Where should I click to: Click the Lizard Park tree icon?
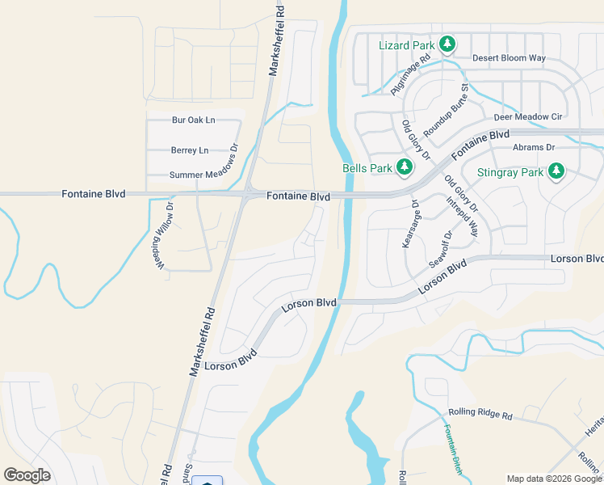447,44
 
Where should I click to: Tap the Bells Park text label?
367,168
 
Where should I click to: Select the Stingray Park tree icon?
556,171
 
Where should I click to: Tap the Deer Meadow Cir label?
527,117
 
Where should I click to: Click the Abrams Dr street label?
534,147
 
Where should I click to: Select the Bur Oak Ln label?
193,120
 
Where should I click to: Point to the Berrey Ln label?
189,150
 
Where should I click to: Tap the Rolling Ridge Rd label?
480,415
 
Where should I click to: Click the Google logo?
27,475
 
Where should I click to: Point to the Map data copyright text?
554,479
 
